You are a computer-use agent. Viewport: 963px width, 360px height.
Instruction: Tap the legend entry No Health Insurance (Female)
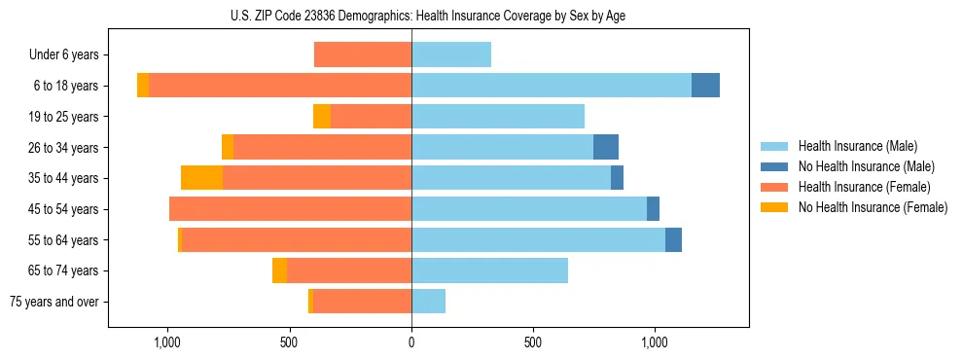pos(873,207)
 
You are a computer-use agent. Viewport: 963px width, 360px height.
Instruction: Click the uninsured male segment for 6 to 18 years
pos(705,86)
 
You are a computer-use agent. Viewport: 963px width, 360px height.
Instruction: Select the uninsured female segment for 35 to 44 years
pos(201,178)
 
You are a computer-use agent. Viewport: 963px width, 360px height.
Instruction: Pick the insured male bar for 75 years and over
pos(428,302)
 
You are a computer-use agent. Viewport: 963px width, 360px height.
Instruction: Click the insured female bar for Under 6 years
pos(363,54)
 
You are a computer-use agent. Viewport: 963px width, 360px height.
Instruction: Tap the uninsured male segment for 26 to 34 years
pos(606,147)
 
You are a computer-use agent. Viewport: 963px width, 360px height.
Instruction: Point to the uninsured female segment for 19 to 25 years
pos(322,117)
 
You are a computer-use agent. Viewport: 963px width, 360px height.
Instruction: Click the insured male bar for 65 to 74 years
pos(489,270)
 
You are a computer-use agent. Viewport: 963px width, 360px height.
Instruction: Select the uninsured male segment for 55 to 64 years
pos(673,239)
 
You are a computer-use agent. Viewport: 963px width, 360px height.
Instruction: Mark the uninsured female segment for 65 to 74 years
pos(279,270)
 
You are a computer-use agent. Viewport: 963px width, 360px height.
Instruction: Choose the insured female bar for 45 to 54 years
pos(290,209)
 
